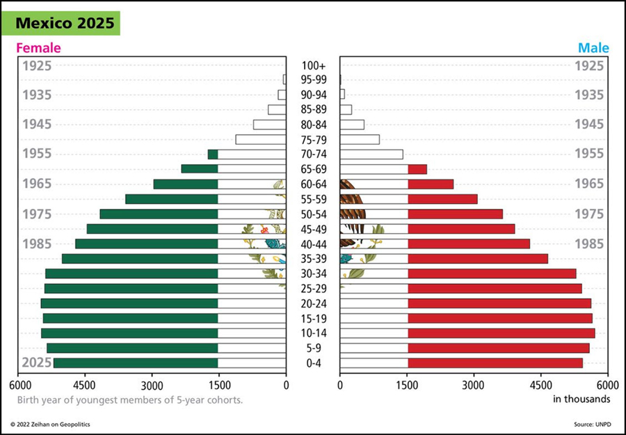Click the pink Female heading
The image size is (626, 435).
[38, 48]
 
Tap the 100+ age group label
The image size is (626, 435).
[314, 65]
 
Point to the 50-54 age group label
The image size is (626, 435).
[314, 214]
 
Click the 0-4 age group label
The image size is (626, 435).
[314, 363]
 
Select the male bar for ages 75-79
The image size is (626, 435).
[360, 140]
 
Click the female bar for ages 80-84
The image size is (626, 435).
[269, 125]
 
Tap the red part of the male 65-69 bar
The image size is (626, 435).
[417, 169]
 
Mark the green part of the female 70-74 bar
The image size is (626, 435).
[213, 155]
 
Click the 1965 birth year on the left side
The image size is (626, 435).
[37, 184]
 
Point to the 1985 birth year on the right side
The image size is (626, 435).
[590, 244]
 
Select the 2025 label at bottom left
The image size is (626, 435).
[37, 363]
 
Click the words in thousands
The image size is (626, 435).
[581, 399]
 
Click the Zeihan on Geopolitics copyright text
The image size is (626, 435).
[50, 424]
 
